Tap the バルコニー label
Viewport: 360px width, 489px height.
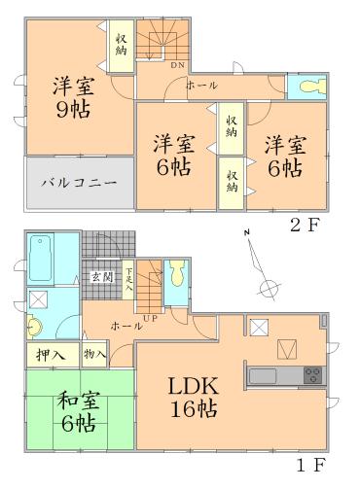[x=80, y=182]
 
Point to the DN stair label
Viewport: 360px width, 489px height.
[x=178, y=65]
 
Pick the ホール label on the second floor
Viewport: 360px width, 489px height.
[x=201, y=86]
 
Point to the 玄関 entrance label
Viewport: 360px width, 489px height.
[x=102, y=278]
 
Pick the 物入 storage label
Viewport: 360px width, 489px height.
[x=94, y=355]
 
